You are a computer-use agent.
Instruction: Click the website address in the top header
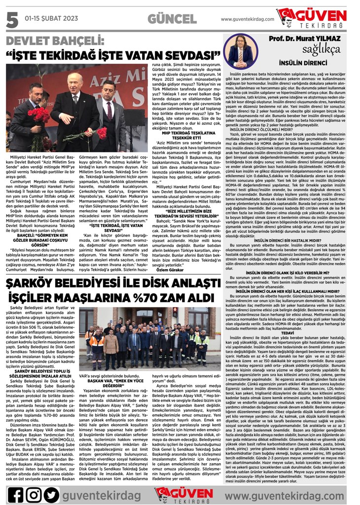247,19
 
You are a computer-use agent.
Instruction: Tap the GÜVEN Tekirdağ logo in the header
318,19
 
